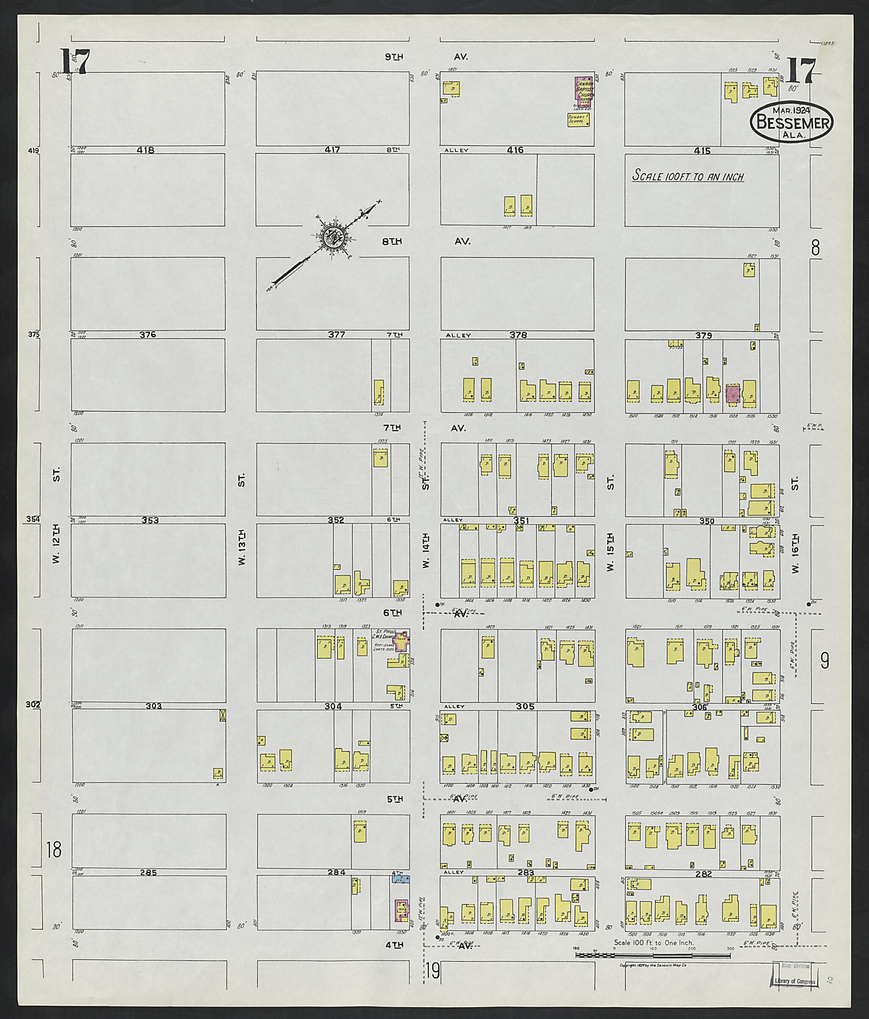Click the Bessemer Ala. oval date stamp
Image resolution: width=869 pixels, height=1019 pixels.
tap(791, 122)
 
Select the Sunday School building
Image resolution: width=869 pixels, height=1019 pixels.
tap(578, 120)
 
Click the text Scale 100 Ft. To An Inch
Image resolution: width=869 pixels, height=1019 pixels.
tap(687, 176)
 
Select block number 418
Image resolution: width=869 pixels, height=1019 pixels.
tap(146, 150)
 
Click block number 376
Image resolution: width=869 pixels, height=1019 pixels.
tap(148, 334)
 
